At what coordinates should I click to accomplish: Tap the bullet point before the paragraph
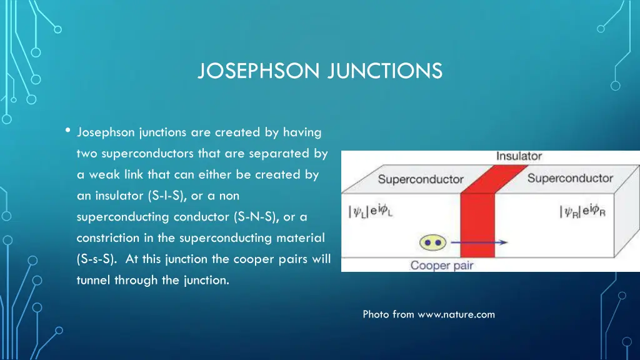[x=67, y=131]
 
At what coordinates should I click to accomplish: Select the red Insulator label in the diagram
[x=519, y=156]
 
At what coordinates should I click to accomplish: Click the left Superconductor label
[x=421, y=179]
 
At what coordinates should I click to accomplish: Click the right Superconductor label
[x=570, y=178]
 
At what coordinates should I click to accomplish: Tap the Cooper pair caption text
[x=442, y=266]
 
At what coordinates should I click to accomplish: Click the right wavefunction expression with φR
[x=582, y=211]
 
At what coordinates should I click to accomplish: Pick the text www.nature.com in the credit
[x=456, y=314]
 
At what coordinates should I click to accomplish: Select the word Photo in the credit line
[x=376, y=314]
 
